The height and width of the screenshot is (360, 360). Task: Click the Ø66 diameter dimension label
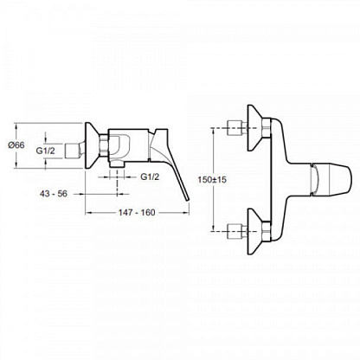16,145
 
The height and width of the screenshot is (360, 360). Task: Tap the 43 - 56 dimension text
54,194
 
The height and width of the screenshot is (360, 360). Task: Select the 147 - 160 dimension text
137,213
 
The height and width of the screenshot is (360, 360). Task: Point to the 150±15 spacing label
212,180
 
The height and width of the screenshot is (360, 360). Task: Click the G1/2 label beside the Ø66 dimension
45,151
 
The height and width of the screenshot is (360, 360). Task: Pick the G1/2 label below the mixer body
150,177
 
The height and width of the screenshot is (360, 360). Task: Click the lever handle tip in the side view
187,200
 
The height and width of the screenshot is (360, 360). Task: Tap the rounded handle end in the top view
349,179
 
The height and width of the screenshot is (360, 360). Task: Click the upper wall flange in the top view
255,127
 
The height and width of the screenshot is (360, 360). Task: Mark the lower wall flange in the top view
255,231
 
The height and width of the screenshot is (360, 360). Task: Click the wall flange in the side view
93,145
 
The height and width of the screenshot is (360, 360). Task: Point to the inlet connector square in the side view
72,151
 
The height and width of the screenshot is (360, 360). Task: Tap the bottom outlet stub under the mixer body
117,164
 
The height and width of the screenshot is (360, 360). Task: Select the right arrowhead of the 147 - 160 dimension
187,213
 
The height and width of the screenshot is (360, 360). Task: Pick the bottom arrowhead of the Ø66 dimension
16,166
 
